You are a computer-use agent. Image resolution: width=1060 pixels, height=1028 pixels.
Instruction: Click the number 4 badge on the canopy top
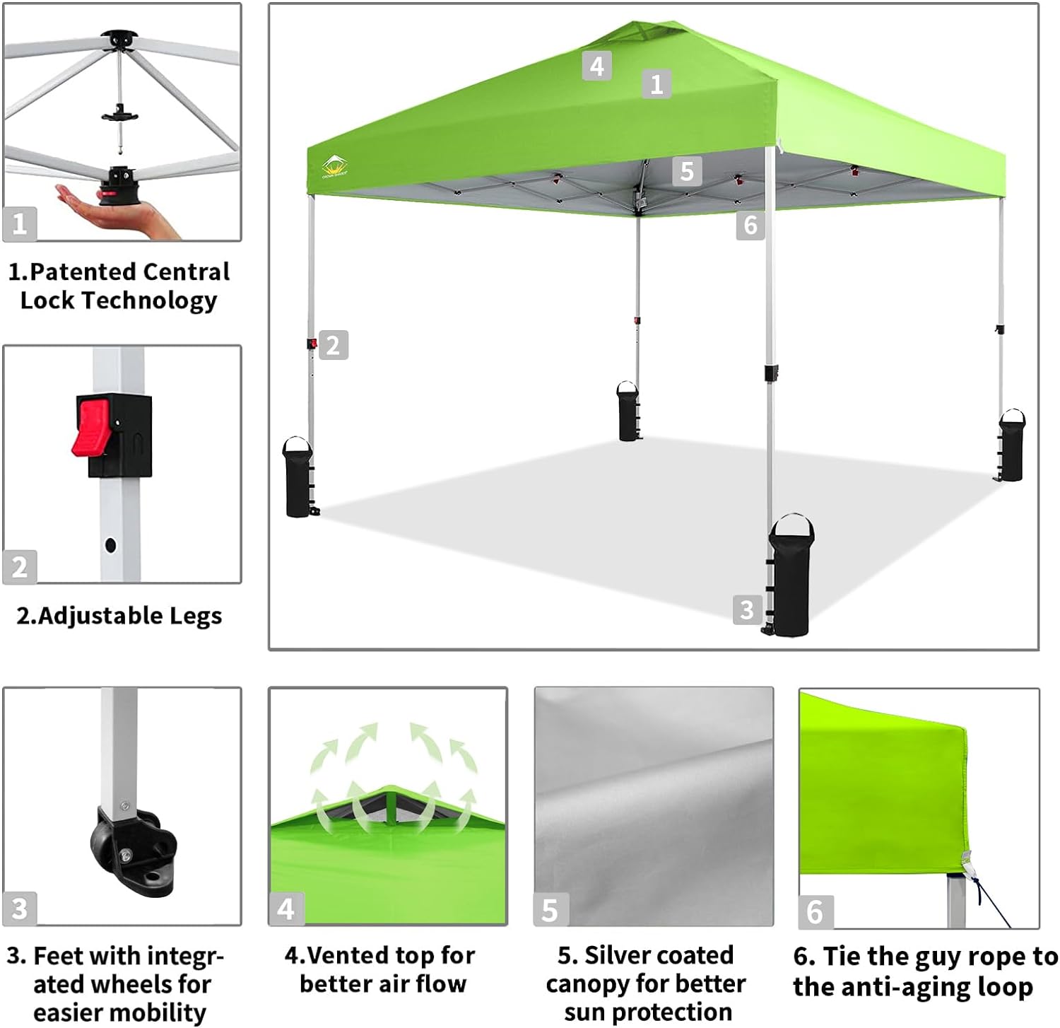[x=596, y=66]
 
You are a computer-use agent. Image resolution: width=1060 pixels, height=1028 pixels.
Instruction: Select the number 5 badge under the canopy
[x=687, y=171]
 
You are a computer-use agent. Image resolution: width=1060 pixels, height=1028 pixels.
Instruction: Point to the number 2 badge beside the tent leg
[x=333, y=345]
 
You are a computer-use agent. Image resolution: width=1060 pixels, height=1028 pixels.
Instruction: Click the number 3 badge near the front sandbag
[x=747, y=609]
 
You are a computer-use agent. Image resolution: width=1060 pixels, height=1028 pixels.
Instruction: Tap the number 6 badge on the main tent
[x=750, y=225]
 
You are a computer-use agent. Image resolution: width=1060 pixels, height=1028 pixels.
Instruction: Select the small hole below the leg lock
[x=110, y=545]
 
